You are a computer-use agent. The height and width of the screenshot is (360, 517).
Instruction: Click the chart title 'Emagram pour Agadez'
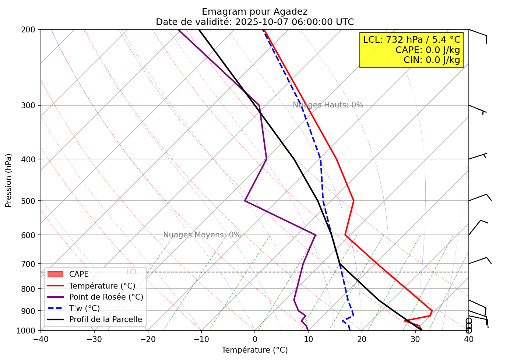point(254,12)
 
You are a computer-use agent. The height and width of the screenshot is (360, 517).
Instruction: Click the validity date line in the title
point(254,22)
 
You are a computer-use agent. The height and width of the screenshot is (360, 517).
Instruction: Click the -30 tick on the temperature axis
point(94,339)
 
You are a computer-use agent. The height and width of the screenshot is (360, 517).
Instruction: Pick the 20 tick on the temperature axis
point(362,339)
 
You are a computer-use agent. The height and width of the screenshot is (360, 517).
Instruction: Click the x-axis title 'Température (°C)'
point(254,350)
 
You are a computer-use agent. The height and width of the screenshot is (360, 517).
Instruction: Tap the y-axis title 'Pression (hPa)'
point(8,180)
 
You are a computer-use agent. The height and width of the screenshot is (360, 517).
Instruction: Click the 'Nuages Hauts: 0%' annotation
point(328,105)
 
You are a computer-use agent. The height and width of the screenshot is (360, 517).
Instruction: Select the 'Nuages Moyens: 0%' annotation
point(202,235)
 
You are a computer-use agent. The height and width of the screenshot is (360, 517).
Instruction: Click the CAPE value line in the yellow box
point(428,50)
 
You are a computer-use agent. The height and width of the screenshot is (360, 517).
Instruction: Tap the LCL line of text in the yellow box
point(411,40)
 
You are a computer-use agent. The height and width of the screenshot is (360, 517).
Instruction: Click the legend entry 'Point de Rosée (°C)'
point(106,297)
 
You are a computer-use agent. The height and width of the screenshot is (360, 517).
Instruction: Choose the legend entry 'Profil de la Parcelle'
point(105,320)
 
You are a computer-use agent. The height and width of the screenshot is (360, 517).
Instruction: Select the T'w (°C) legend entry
point(84,308)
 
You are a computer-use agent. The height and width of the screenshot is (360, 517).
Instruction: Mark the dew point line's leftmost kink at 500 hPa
point(245,201)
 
